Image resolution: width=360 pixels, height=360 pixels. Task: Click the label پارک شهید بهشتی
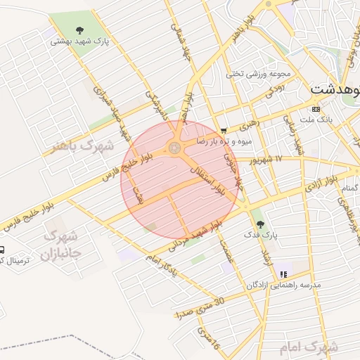[x=79, y=41]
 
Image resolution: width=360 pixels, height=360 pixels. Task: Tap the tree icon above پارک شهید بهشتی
[x=79, y=30]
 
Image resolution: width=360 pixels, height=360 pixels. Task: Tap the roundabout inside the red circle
[x=174, y=148]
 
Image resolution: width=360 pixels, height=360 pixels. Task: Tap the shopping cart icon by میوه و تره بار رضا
[x=224, y=130]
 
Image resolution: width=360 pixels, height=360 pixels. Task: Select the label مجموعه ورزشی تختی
[x=254, y=73]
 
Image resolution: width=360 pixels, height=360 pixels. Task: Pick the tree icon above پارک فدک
[x=259, y=224]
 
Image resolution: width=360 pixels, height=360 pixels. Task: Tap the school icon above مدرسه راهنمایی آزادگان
[x=283, y=274]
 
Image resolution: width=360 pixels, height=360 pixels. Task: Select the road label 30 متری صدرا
[x=201, y=306]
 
